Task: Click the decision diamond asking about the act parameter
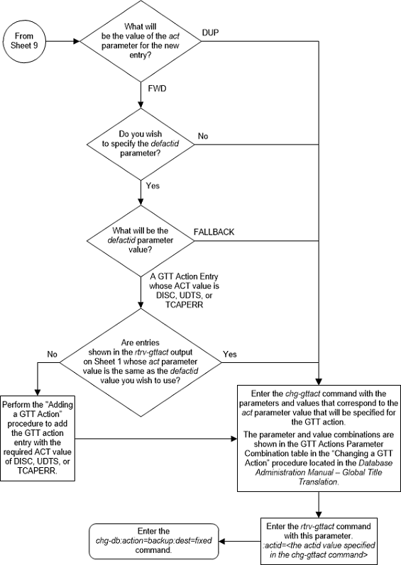tap(142, 40)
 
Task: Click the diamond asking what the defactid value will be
tap(142, 240)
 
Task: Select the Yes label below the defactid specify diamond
tap(152, 187)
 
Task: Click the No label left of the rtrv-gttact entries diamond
tap(52, 352)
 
